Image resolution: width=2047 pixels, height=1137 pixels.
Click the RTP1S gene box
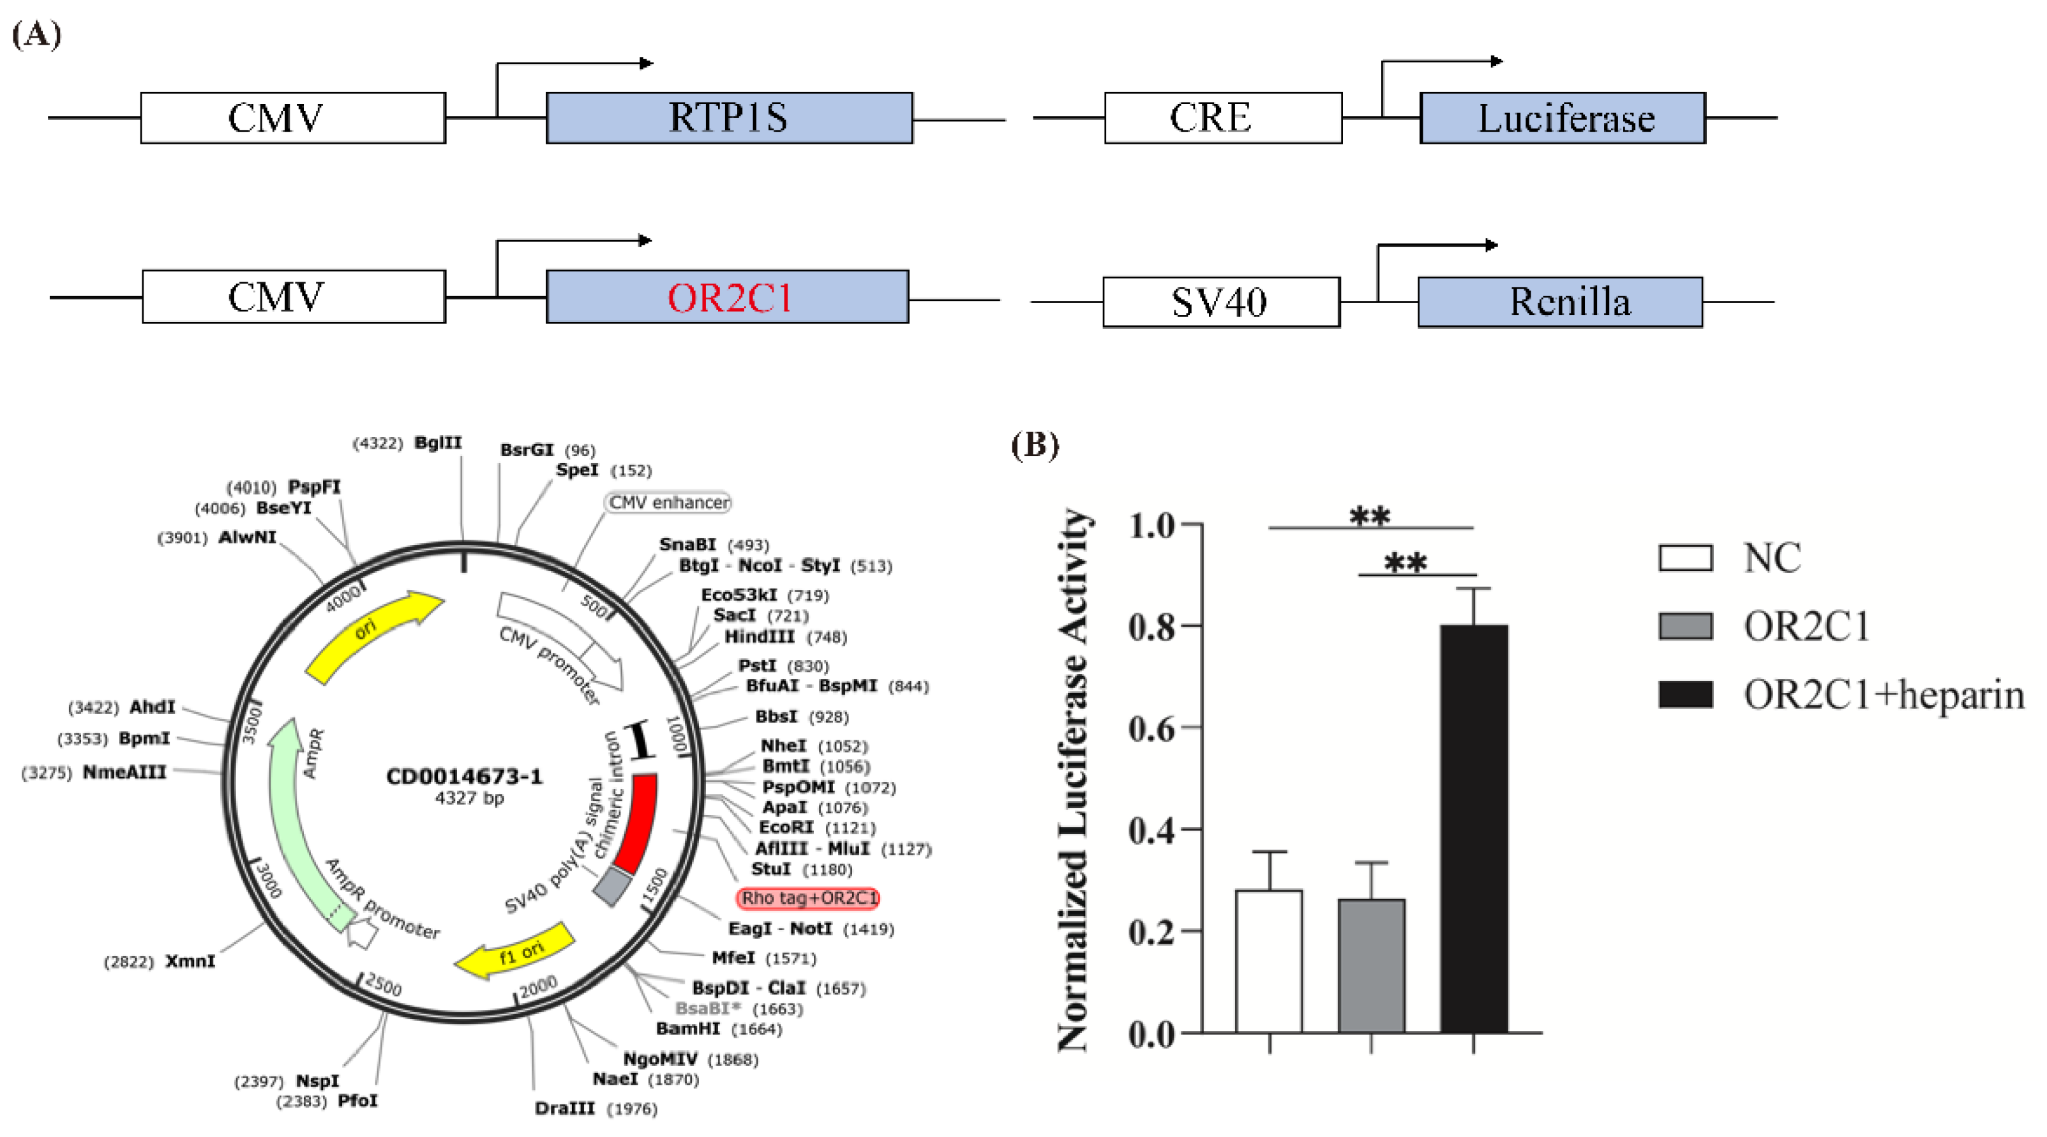729,118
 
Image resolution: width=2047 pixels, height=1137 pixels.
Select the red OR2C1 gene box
727,296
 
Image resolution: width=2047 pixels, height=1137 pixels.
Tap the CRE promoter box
1222,118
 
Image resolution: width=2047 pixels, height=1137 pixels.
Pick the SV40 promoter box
1220,302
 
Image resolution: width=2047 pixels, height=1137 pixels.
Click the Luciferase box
1563,118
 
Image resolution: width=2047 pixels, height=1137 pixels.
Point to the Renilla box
1560,302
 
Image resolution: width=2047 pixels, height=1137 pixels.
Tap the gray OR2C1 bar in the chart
1371,965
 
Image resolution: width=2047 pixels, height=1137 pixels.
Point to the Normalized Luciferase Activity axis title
1073,779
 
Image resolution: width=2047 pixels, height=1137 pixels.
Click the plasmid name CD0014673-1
464,776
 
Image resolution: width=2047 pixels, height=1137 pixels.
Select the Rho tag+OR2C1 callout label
809,897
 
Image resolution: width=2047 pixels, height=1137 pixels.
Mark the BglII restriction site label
438,443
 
